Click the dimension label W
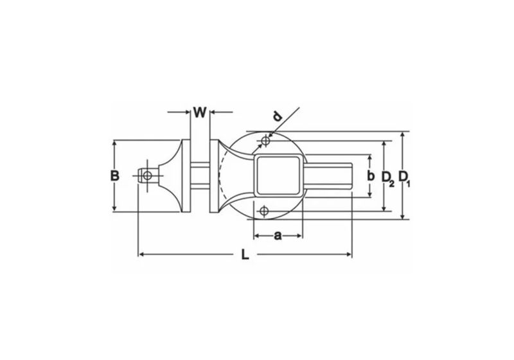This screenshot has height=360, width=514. pos(200,113)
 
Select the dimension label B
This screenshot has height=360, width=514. pos(114,175)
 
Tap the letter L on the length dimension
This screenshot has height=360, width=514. pos(245,255)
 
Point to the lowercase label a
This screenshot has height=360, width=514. pos(278,236)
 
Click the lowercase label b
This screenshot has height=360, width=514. pos(370,175)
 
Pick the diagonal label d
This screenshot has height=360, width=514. pos(277,117)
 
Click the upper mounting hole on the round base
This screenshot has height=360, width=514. pos(265,140)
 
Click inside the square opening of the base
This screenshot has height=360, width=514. pos(278,175)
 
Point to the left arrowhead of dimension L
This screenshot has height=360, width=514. pos(141,255)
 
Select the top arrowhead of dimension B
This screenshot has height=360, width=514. pos(114,143)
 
